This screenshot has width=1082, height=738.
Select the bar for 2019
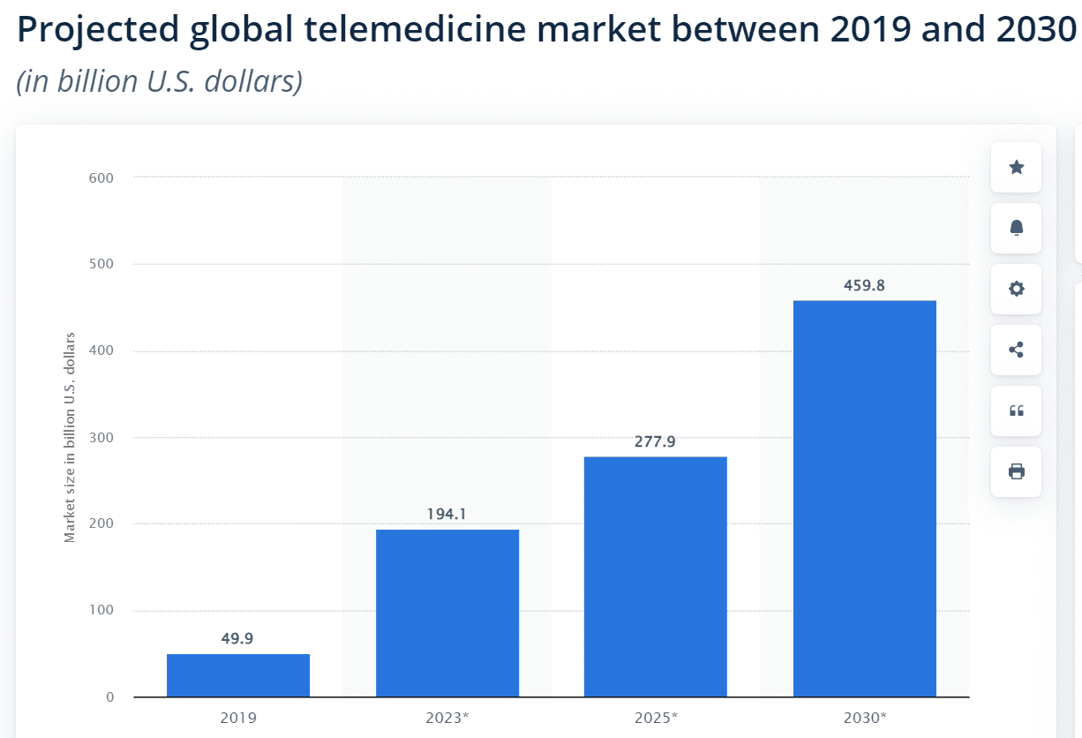coord(238,675)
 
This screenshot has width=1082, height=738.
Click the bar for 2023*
coord(447,613)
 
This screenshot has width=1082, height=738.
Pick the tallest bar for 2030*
coord(864,499)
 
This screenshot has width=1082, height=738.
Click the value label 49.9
coord(237,638)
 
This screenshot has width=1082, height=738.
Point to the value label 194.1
coord(447,514)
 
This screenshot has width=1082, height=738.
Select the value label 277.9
coord(655,441)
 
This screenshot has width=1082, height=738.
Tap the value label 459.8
coord(864,285)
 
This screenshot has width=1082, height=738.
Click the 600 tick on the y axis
coord(101,178)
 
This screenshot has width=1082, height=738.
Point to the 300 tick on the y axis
coord(101,438)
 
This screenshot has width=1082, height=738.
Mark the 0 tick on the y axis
coord(109,697)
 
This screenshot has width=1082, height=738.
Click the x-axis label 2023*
coord(447,718)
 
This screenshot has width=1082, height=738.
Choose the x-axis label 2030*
coord(865,718)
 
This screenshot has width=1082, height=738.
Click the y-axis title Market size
coord(70,437)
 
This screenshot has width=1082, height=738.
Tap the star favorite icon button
coord(1016,167)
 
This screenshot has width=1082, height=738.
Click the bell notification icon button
coord(1016,228)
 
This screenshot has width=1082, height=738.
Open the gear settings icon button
coord(1016,289)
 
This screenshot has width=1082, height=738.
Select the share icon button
coord(1016,350)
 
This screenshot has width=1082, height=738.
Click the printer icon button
coord(1016,471)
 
